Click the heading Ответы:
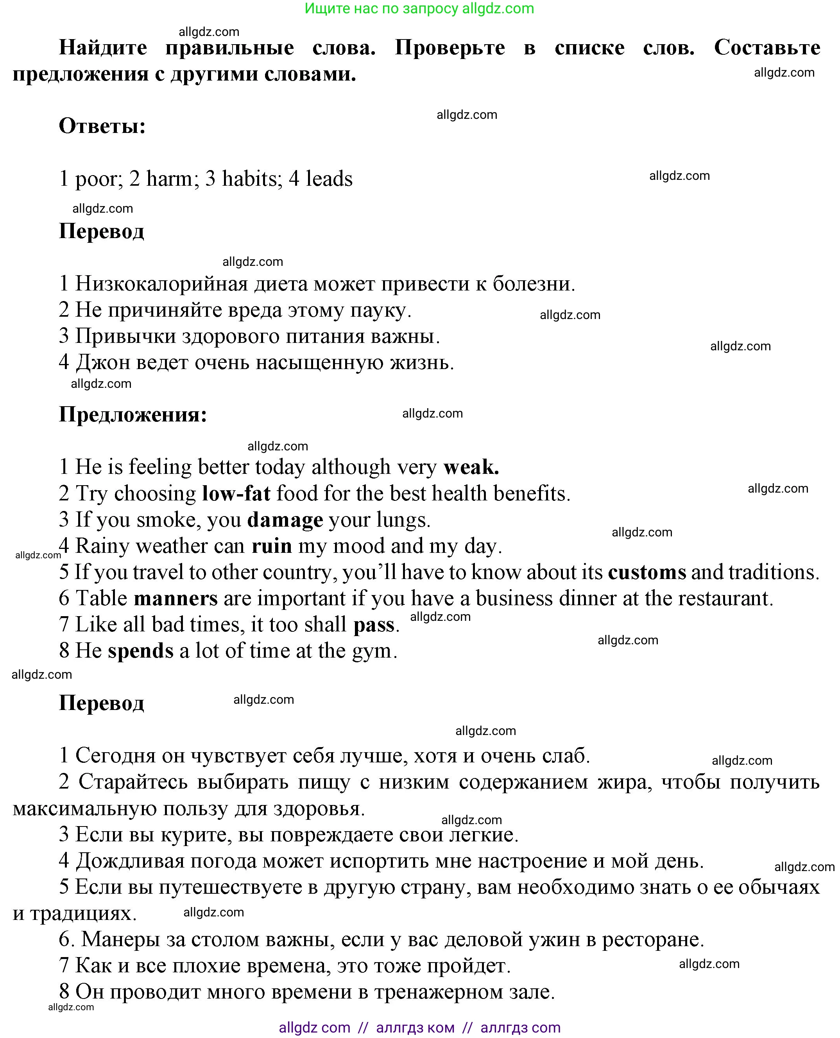[102, 126]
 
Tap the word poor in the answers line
[96, 179]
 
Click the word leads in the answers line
[329, 179]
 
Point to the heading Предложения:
[133, 415]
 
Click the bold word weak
[471, 467]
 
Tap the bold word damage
[285, 520]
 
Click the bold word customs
[647, 572]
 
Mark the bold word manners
[176, 599]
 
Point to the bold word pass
[374, 625]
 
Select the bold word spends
[140, 651]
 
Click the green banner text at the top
[419, 8]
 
